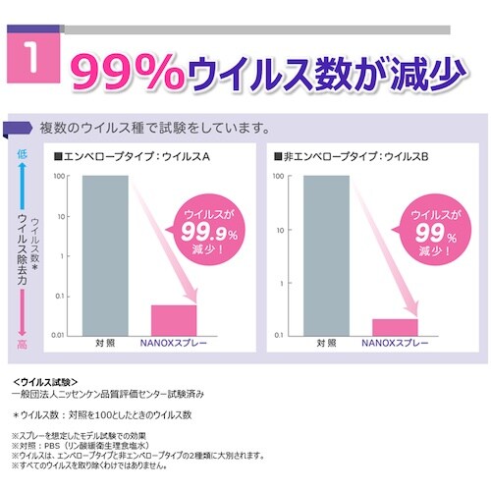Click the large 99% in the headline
pyautogui.click(x=124, y=71)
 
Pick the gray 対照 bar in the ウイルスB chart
pyautogui.click(x=326, y=254)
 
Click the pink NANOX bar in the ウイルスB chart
pyautogui.click(x=395, y=327)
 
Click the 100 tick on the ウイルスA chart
pyautogui.click(x=58, y=177)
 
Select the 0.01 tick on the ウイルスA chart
pyautogui.click(x=57, y=335)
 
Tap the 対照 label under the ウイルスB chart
pyautogui.click(x=326, y=344)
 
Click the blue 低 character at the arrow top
pyautogui.click(x=21, y=154)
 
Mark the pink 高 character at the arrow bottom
pyautogui.click(x=21, y=344)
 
